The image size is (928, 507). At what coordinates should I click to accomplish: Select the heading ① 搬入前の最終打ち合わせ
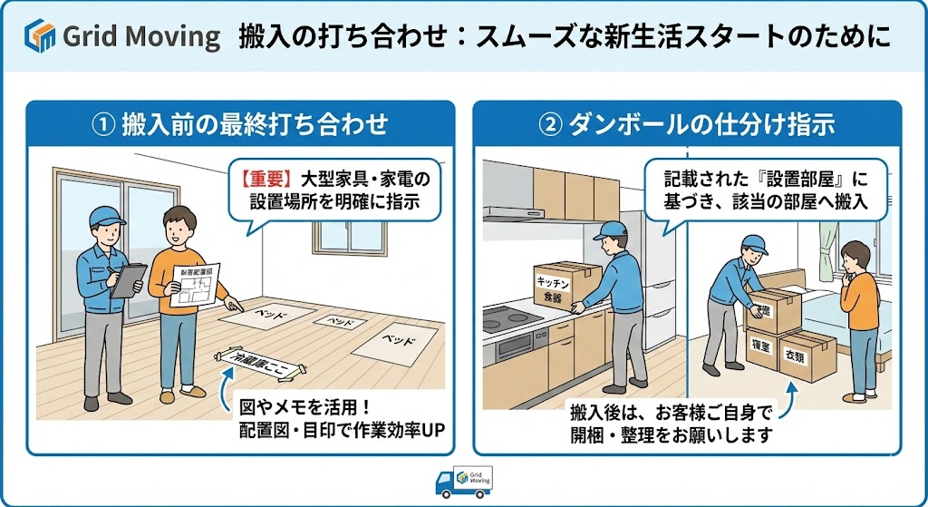click(239, 123)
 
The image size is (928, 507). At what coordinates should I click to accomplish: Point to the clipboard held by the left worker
click(128, 278)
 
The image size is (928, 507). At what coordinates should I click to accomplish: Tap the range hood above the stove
click(511, 214)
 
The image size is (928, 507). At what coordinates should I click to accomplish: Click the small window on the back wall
click(350, 235)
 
